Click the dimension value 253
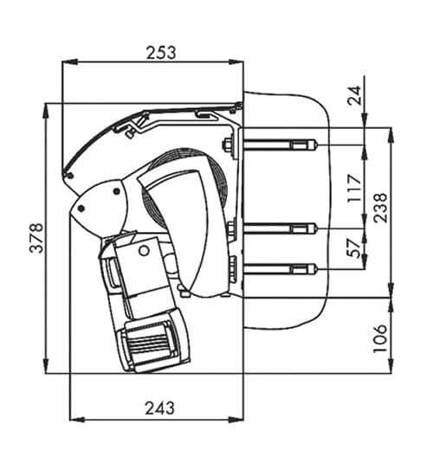point(161,53)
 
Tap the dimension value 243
point(160,408)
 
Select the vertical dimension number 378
point(36,238)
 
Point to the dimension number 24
point(354,95)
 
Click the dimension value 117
point(354,188)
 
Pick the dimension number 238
point(380,208)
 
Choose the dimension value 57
point(354,248)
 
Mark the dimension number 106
point(380,338)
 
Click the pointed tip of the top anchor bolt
point(318,145)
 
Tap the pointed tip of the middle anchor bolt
point(318,228)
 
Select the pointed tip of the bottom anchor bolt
point(318,269)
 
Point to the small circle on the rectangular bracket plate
point(144,251)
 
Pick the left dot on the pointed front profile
point(81,209)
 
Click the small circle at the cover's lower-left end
point(70,176)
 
